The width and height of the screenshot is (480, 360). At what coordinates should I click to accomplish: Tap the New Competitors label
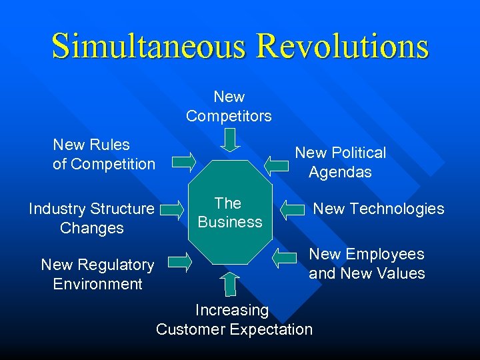(x=229, y=107)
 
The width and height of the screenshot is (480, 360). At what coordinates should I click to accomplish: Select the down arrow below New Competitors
(x=230, y=140)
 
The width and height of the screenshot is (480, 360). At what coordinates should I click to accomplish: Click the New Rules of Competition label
(x=103, y=154)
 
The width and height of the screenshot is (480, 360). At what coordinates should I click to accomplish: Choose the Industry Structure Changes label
(x=92, y=218)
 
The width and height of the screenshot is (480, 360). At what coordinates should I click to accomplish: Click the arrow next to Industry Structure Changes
(x=172, y=211)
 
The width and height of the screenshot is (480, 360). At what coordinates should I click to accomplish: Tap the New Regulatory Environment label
(x=97, y=274)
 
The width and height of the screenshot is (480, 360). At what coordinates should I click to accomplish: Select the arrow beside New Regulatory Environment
(x=178, y=263)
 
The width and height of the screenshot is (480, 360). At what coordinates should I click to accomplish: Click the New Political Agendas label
(x=341, y=162)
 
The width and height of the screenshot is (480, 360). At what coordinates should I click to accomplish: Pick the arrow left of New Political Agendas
(x=277, y=162)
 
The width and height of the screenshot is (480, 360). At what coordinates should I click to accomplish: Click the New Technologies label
(x=379, y=209)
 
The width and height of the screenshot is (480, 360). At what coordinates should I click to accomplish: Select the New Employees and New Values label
(x=367, y=263)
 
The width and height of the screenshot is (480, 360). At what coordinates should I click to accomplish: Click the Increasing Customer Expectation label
(x=233, y=319)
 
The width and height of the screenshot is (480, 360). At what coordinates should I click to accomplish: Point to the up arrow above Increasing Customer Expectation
(x=230, y=283)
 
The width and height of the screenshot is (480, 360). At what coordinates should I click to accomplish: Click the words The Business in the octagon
(x=230, y=212)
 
